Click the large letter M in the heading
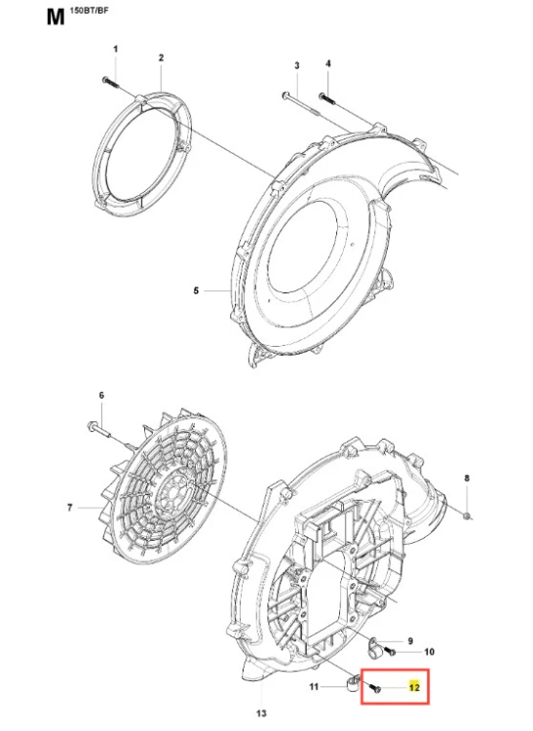(56, 17)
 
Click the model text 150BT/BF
(89, 11)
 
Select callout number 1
(116, 49)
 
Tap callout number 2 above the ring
(161, 58)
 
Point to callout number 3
(297, 65)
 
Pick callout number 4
(328, 63)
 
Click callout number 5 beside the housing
(196, 290)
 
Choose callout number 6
(101, 396)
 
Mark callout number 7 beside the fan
(70, 508)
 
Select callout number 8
(468, 479)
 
